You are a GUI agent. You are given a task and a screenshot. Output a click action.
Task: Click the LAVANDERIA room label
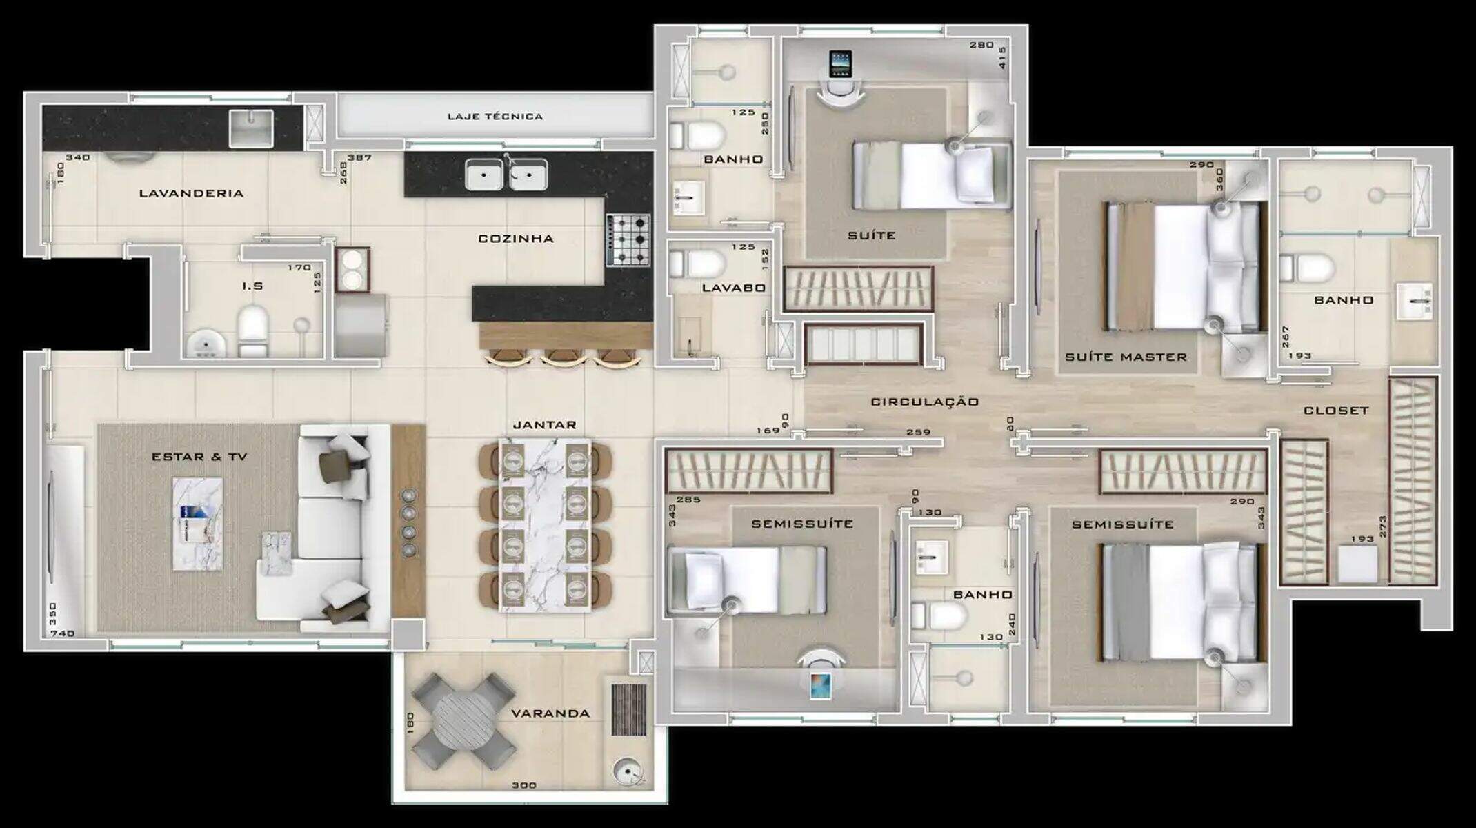(191, 193)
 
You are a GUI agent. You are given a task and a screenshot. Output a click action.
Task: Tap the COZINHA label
(516, 239)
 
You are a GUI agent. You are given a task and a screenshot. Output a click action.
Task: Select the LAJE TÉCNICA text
(495, 117)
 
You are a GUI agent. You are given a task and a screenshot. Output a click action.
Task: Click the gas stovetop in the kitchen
(628, 239)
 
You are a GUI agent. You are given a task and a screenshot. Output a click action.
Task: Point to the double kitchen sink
(506, 173)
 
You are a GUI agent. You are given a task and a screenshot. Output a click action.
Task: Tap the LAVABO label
(734, 288)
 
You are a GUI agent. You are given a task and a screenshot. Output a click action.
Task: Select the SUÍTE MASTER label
(1126, 357)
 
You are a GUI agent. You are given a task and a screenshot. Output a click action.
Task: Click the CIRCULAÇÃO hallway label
(924, 402)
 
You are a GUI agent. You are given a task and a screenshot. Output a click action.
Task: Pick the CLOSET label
(1335, 411)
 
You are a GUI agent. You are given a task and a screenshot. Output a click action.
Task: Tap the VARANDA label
(550, 713)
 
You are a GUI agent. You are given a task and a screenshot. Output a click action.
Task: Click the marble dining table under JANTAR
(545, 525)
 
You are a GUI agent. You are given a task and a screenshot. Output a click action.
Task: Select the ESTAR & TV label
(199, 457)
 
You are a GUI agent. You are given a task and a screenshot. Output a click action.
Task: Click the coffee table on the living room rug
(197, 524)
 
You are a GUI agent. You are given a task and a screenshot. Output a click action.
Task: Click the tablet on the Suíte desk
(840, 63)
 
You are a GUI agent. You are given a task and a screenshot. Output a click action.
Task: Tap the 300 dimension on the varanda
(524, 785)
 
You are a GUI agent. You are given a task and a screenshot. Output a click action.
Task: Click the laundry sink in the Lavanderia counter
(251, 128)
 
